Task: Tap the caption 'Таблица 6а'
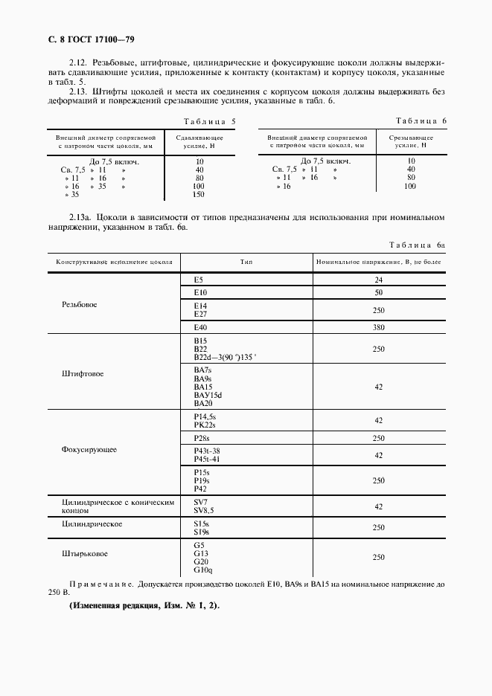(x=417, y=244)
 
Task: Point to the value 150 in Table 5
(x=199, y=194)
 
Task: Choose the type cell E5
(x=199, y=280)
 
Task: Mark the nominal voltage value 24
(x=378, y=280)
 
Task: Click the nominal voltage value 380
(x=378, y=327)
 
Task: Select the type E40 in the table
(x=199, y=327)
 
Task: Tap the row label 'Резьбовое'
(x=81, y=305)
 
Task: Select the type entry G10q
(x=202, y=570)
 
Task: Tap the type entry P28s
(x=202, y=439)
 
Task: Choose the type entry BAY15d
(x=208, y=394)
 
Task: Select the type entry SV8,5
(x=204, y=510)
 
